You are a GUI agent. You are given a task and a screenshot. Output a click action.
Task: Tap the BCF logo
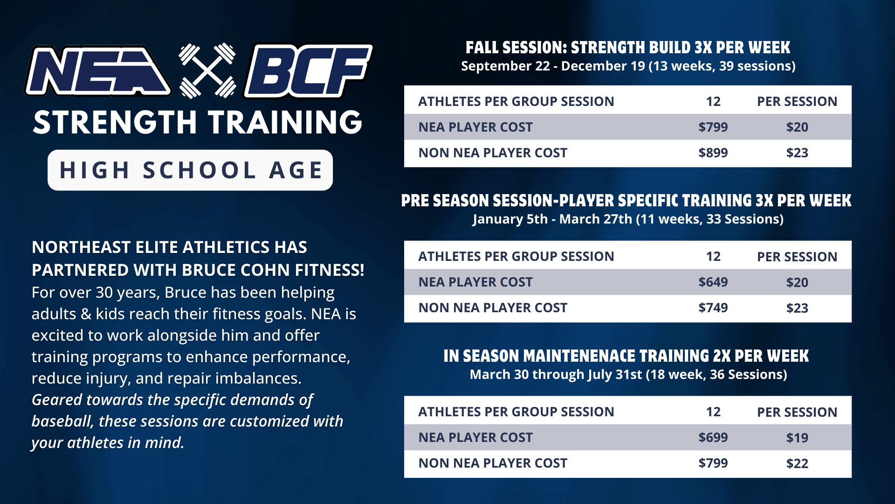click(308, 71)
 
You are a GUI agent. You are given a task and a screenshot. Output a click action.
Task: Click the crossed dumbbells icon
click(207, 71)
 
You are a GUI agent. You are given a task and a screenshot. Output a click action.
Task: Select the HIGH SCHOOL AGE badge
click(190, 170)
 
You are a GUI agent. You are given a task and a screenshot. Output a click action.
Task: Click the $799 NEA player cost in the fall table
click(713, 127)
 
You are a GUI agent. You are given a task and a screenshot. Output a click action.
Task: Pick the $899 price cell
click(713, 153)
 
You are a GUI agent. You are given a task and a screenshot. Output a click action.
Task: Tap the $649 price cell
click(713, 282)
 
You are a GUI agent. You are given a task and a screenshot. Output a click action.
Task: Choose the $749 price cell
click(713, 308)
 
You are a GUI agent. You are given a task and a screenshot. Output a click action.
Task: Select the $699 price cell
click(713, 437)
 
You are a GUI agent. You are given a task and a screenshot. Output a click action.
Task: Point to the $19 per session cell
click(797, 438)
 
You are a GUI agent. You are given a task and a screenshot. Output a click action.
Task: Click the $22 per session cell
click(797, 463)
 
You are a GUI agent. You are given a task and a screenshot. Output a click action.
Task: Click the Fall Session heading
click(628, 48)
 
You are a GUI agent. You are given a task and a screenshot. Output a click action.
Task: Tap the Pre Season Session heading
click(626, 201)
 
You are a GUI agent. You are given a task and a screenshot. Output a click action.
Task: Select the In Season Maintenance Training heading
click(626, 356)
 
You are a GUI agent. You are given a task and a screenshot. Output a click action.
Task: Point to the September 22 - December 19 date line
click(628, 66)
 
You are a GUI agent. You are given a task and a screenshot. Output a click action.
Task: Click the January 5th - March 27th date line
click(628, 219)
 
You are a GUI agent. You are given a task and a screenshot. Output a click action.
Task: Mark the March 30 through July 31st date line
click(628, 375)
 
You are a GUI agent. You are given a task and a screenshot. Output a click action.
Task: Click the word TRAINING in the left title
click(285, 123)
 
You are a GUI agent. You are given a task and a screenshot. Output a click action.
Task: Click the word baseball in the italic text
click(62, 421)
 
